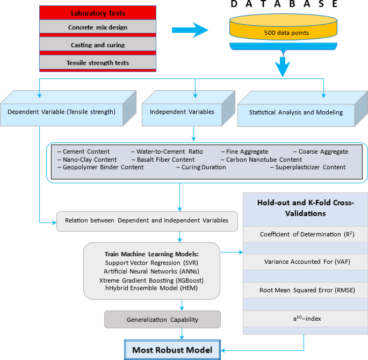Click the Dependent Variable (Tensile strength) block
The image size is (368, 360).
61,112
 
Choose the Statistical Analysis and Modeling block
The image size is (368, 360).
296,112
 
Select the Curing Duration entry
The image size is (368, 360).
200,167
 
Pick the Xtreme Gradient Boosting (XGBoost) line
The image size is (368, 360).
151,280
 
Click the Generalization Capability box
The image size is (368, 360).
162,320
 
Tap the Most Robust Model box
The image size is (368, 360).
173,350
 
